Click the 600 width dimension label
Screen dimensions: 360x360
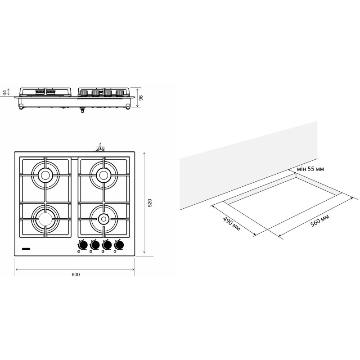[x=76, y=274]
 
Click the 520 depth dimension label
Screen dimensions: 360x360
[x=150, y=203]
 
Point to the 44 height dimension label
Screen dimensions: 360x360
[x=4, y=93]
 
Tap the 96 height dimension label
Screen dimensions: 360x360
[x=141, y=98]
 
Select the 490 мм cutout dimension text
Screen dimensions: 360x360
[x=232, y=224]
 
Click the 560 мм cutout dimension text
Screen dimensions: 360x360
[x=319, y=220]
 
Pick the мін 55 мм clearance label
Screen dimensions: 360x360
[x=310, y=169]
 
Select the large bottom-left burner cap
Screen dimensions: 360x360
[x=45, y=219]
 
